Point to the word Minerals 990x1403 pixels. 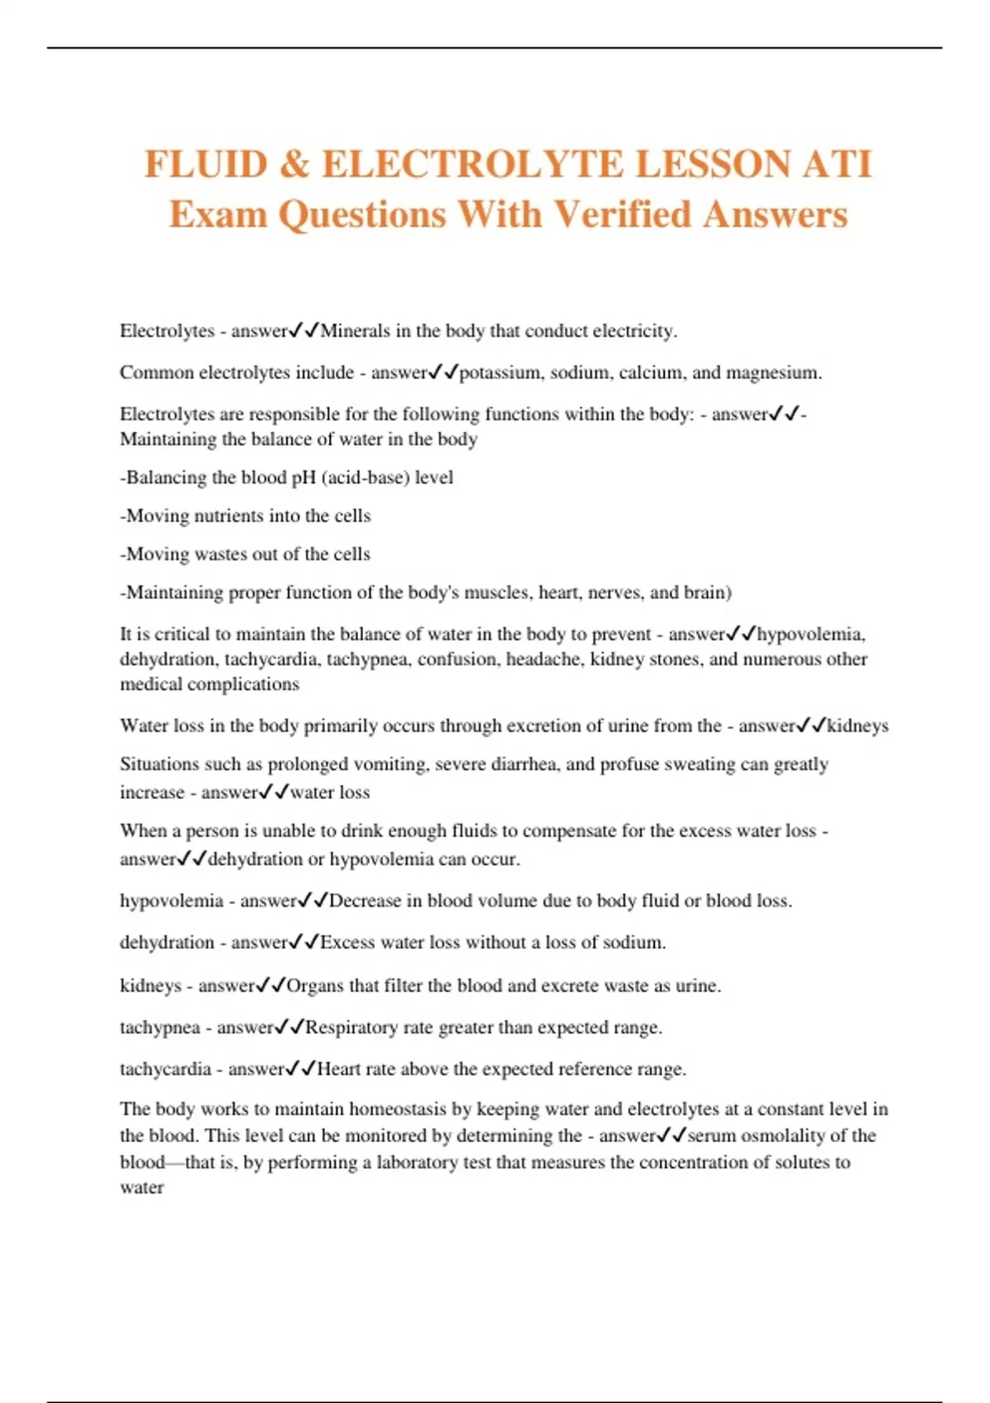tap(356, 331)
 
